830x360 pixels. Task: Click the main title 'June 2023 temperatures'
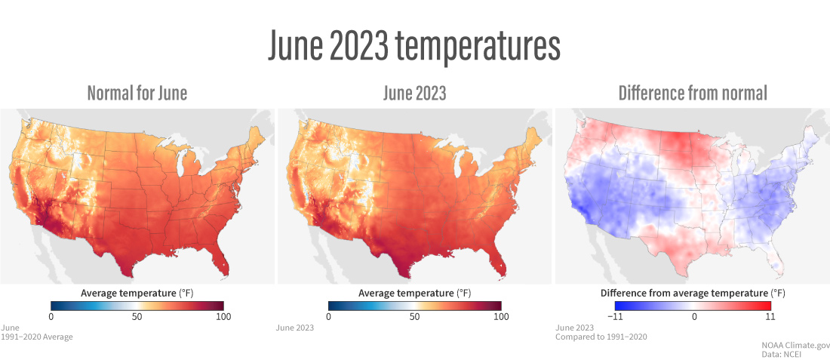pos(414,47)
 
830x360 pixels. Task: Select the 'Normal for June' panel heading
pos(137,94)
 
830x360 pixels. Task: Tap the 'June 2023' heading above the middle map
pos(414,94)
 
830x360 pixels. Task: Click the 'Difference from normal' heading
pos(693,94)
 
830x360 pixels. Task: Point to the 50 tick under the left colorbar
pos(137,317)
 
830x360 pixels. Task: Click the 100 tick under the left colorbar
pos(223,317)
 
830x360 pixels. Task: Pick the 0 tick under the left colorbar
pos(51,317)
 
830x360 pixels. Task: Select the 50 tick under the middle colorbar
pos(415,317)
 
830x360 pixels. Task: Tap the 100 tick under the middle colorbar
pos(501,317)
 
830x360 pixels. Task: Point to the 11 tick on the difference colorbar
pos(770,317)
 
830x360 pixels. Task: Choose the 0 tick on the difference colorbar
pos(693,317)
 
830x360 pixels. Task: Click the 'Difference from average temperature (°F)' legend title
pos(693,292)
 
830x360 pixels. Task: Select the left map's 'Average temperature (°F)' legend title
pos(137,292)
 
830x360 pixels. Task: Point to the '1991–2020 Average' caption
pos(37,337)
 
